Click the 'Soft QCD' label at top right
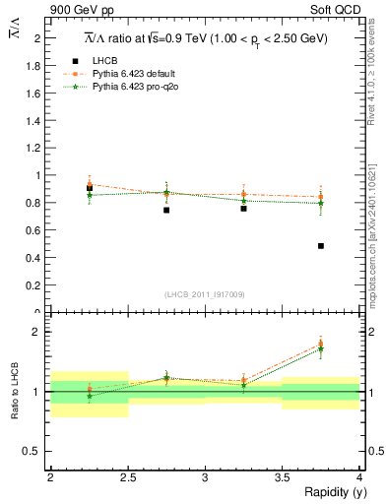tap(337, 11)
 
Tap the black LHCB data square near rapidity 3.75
tap(321, 246)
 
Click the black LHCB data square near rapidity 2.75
tap(166, 210)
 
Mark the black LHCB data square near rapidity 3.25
tap(243, 209)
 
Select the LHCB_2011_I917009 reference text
tap(204, 293)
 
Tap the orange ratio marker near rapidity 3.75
tap(321, 345)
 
